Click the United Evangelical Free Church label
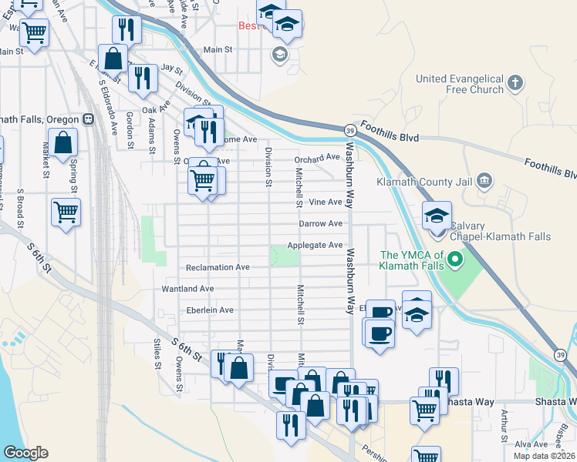459,84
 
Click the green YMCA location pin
455,260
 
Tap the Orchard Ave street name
317,158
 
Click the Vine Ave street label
325,202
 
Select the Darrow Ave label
321,223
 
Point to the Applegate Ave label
315,245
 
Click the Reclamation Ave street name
218,267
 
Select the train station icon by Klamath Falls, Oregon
89,119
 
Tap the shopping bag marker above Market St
63,142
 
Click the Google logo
25,453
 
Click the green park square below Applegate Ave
284,256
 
